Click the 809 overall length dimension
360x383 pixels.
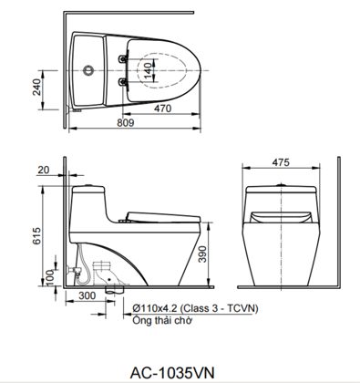tap(125, 123)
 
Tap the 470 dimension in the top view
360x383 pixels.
tap(163, 109)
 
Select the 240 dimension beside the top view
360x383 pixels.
tap(37, 87)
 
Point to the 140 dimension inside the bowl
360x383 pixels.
tap(148, 70)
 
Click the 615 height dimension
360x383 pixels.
tap(36, 236)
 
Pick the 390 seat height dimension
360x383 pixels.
tap(202, 254)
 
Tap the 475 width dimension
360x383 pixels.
tap(281, 162)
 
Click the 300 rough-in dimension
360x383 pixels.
tap(87, 295)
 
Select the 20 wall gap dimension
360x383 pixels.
tap(43, 170)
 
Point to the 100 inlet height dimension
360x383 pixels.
tap(50, 277)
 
